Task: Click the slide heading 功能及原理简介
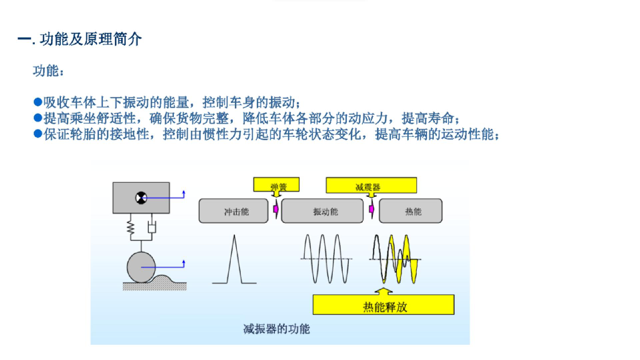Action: point(91,39)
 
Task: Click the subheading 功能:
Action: point(48,71)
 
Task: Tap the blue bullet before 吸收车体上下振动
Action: point(38,102)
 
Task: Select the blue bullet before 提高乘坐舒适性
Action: point(38,118)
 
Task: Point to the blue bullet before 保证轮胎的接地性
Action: point(38,134)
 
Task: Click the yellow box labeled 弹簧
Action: point(276,184)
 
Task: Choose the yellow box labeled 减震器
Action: point(371,185)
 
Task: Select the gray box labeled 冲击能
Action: point(234,211)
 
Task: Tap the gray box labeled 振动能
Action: point(322,211)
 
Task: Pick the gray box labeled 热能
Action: point(410,211)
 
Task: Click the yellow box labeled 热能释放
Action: point(384,304)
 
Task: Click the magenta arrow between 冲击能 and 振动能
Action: point(276,209)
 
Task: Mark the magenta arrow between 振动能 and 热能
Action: point(372,209)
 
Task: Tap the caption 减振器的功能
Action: point(276,329)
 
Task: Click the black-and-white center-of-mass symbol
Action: point(141,198)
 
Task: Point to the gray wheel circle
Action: point(141,268)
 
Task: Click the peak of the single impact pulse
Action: point(234,235)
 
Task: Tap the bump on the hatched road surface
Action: point(162,278)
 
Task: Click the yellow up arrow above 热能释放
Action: point(384,291)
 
